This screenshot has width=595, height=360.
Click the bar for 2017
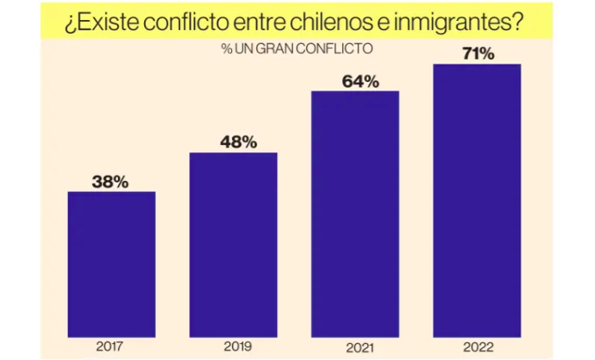[x=111, y=265]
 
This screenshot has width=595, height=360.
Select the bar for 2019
[x=233, y=245]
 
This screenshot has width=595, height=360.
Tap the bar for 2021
[x=355, y=214]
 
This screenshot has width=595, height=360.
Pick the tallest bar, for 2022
[x=477, y=200]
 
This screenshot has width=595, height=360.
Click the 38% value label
[x=110, y=182]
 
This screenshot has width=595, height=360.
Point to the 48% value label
[x=239, y=142]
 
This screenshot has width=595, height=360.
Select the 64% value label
[x=361, y=81]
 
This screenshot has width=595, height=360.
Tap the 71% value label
[x=478, y=54]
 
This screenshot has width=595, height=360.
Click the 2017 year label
[x=110, y=347]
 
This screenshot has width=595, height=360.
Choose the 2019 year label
[x=238, y=347]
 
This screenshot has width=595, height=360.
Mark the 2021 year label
[x=360, y=347]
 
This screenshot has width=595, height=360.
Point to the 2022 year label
[x=478, y=347]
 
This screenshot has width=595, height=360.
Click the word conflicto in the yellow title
[x=186, y=23]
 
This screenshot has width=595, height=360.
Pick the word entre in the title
[x=259, y=23]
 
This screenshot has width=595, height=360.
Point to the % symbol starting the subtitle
[x=227, y=49]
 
